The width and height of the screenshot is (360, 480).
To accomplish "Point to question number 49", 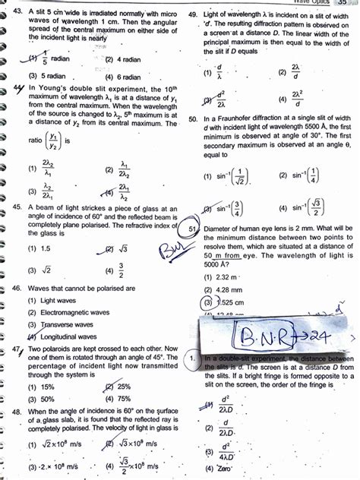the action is [x=192, y=14].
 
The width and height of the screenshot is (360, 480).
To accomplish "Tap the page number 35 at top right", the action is [x=342, y=3].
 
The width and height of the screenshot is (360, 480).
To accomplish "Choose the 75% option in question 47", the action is [x=125, y=398].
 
